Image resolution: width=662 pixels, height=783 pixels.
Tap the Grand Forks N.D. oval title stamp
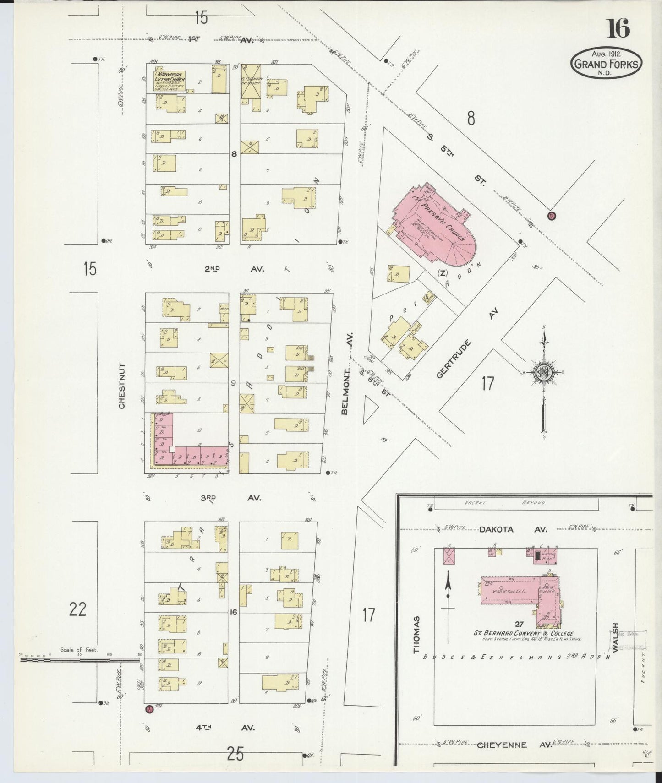pos(606,64)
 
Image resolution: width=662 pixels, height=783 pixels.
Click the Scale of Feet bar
pos(78,660)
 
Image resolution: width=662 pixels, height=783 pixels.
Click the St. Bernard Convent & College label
pos(523,633)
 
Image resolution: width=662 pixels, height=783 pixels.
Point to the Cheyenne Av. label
pos(514,745)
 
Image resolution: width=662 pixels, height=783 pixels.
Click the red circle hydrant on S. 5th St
pos(551,216)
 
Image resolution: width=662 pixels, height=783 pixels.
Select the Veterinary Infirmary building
pos(252,87)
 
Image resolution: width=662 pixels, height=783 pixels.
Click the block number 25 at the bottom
pos(235,753)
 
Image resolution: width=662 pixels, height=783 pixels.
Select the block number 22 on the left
pos(77,609)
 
